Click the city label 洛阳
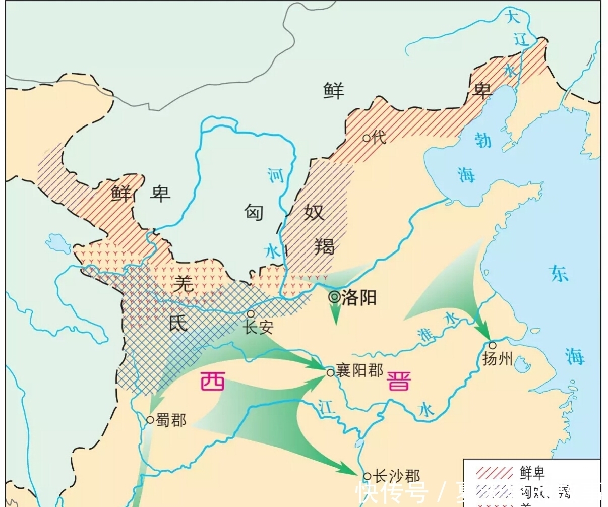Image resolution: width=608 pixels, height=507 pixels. [x=359, y=297]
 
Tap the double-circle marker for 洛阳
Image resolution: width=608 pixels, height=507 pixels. [x=334, y=297]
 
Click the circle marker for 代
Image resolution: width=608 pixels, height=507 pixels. [x=366, y=137]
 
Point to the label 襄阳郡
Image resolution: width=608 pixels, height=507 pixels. [x=359, y=370]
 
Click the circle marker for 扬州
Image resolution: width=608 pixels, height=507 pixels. [x=492, y=345]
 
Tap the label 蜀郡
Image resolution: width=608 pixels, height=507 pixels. [x=171, y=419]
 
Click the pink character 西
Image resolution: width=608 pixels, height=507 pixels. [x=212, y=382]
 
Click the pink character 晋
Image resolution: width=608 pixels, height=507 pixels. [x=399, y=381]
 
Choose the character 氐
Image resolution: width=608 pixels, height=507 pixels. [x=178, y=323]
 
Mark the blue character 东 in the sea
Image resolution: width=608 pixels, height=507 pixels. [x=559, y=273]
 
